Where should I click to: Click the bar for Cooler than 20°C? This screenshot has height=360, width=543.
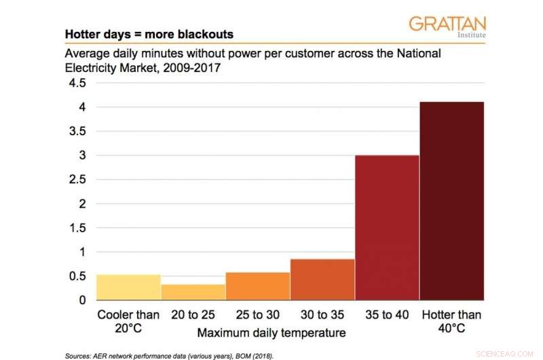tap(129, 287)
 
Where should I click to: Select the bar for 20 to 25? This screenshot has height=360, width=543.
tap(193, 292)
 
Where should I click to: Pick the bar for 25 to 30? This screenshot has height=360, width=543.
tap(258, 286)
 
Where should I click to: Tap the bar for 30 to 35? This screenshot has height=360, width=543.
tap(322, 279)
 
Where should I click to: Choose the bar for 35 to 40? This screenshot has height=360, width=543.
tap(387, 228)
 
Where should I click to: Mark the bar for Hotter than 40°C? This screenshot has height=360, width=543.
tap(451, 200)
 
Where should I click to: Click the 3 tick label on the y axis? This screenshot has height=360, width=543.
tap(82, 156)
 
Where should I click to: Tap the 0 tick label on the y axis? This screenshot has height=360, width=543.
tap(82, 300)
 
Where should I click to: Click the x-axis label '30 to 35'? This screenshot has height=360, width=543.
tap(322, 315)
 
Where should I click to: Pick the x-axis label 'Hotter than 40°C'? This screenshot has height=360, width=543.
tap(451, 321)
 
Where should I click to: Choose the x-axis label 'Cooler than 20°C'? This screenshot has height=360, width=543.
tap(129, 321)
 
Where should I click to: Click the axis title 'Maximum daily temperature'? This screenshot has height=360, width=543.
tap(271, 333)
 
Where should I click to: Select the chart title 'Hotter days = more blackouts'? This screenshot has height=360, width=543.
tap(149, 33)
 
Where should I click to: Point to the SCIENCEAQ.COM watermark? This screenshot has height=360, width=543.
tap(506, 353)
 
